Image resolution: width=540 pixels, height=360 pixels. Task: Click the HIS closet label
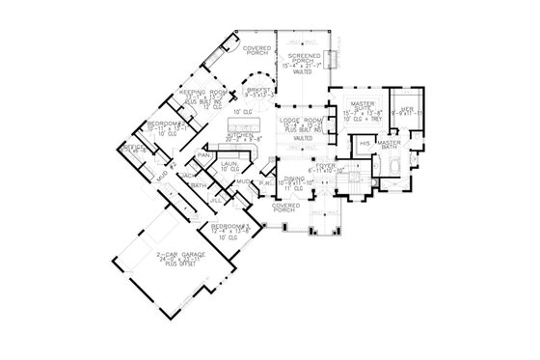click(x=364, y=143)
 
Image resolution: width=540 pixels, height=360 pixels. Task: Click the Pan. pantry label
click(x=204, y=154)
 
